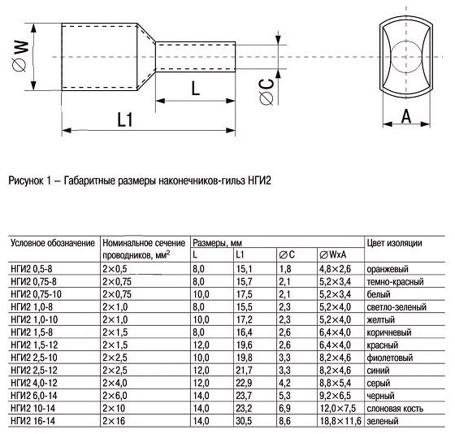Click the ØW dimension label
point(20,56)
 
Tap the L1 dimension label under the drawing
point(125,119)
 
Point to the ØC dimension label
point(266,92)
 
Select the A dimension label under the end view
point(406,116)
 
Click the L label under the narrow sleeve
point(196,89)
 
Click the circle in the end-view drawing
point(405,56)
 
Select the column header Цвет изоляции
point(394,243)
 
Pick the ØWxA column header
point(333,255)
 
